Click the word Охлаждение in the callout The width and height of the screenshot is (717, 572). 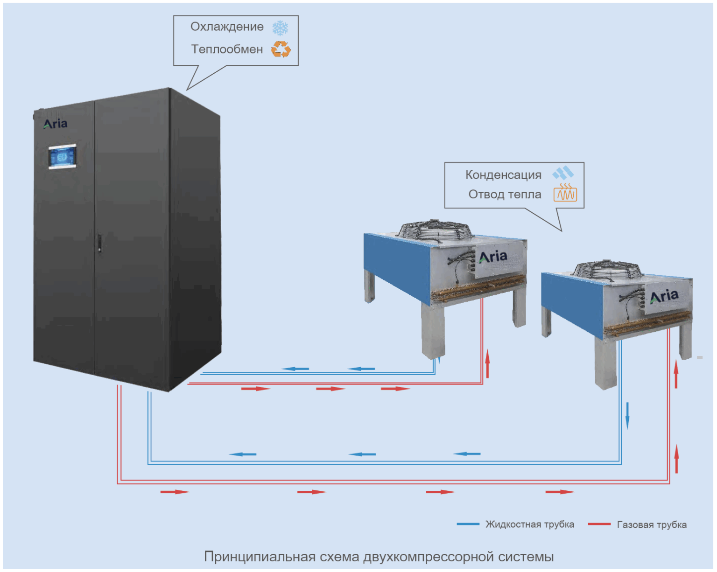pyautogui.click(x=227, y=27)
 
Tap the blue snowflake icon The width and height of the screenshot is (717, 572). pyautogui.click(x=280, y=28)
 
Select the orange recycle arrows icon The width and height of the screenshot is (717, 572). pyautogui.click(x=281, y=49)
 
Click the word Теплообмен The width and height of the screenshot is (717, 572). pyautogui.click(x=227, y=49)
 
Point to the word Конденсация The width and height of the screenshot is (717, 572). pyautogui.click(x=503, y=175)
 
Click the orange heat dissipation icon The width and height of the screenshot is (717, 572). pyautogui.click(x=565, y=193)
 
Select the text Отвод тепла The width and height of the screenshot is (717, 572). pyautogui.click(x=505, y=195)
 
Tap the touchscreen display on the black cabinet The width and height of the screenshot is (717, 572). pyautogui.click(x=62, y=157)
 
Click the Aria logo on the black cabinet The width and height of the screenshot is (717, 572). pyautogui.click(x=56, y=124)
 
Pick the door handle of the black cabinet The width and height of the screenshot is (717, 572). pyautogui.click(x=99, y=243)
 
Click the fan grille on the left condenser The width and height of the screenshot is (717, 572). pyautogui.click(x=435, y=230)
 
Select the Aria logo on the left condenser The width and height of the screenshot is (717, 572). pyautogui.click(x=493, y=257)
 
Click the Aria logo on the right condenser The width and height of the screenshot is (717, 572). pyautogui.click(x=664, y=296)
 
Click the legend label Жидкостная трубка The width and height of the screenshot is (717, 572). pyautogui.click(x=529, y=524)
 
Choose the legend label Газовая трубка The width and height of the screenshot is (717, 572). pyautogui.click(x=652, y=525)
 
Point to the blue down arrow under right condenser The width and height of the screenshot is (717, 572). pyautogui.click(x=627, y=415)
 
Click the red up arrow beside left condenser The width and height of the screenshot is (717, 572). pyautogui.click(x=487, y=363)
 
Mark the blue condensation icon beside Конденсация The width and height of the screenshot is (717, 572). pyautogui.click(x=563, y=173)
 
